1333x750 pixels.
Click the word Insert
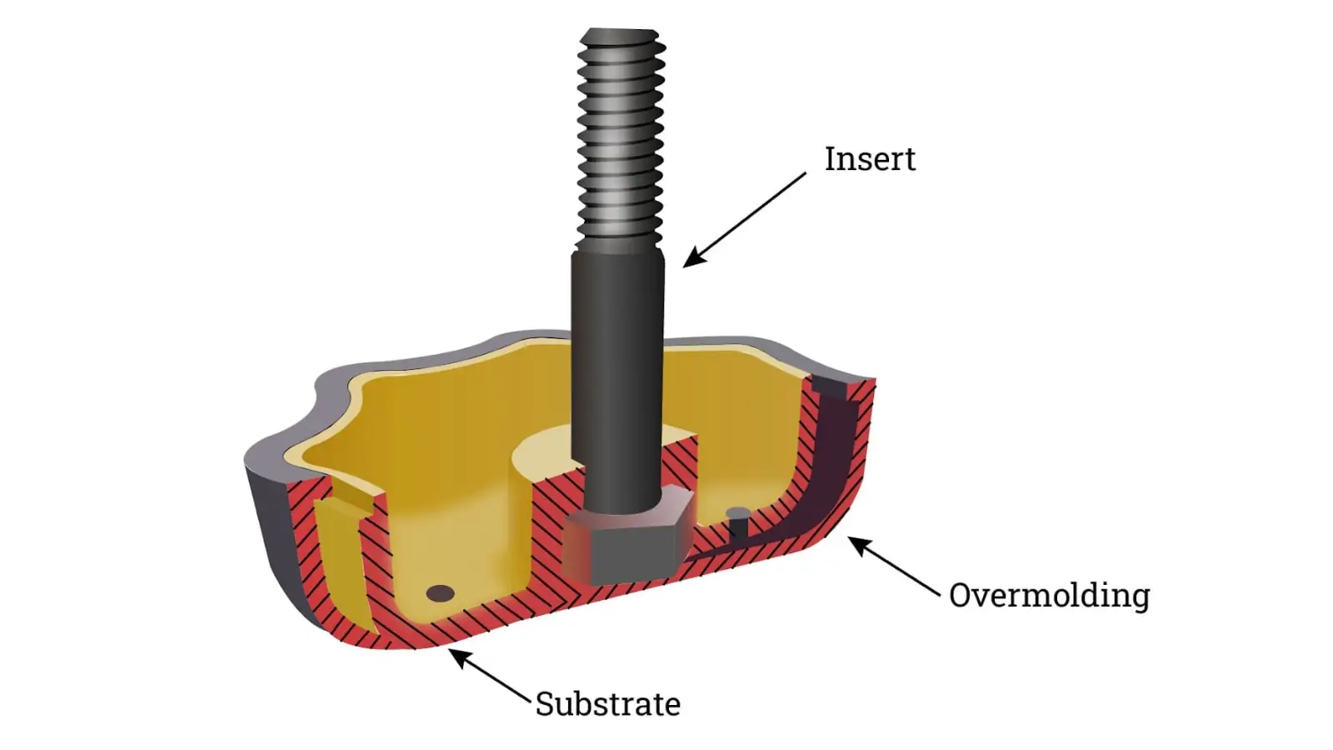[x=870, y=159]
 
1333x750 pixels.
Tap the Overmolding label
[x=1049, y=595]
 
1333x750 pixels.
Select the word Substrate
[x=607, y=704]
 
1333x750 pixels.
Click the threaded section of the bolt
[x=622, y=133]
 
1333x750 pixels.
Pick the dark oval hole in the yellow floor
[x=440, y=593]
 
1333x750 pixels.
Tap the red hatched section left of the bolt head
[x=550, y=533]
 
